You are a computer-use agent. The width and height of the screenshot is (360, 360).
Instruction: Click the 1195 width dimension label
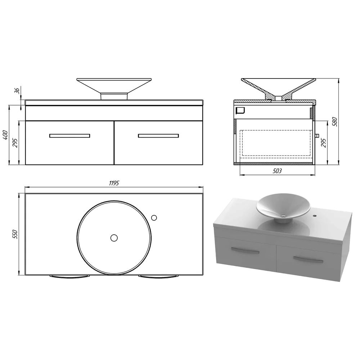pos(114,183)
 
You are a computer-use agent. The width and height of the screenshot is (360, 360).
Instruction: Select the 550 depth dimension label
pos(15,234)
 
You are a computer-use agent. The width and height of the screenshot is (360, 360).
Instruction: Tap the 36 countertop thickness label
pos(17,91)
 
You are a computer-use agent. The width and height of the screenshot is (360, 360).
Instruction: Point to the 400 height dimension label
pos(5,135)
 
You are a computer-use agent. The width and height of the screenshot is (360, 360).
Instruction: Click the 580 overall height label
pos(335,122)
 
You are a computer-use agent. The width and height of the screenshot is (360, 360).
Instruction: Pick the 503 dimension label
pos(277,171)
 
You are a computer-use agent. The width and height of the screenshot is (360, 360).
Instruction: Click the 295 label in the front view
pos(15,143)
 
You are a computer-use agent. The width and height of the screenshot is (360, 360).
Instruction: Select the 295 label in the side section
pos(323,143)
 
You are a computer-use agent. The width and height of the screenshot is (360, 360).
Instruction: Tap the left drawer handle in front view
pos(69,136)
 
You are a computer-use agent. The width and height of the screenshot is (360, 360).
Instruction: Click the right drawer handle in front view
pos(158,136)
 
